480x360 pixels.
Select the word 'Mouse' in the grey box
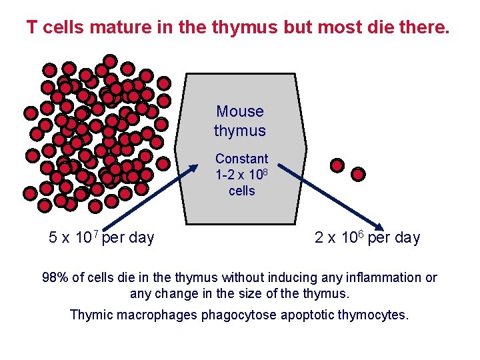point(240,111)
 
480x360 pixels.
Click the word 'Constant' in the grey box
point(241,159)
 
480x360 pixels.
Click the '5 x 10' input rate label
point(70,238)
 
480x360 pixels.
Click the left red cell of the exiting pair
point(337,165)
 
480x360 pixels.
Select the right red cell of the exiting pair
point(359,174)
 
